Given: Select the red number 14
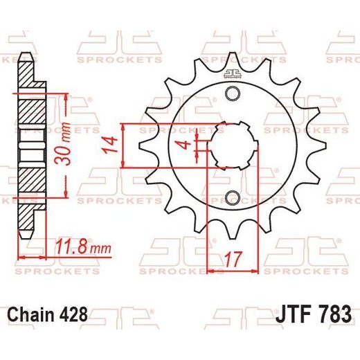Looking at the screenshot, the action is coord(110,145).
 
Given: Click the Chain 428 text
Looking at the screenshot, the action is coord(48,314).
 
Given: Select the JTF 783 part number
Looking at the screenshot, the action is coord(314,314).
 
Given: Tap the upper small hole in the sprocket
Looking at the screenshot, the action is coord(233,93).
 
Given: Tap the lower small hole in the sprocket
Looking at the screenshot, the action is coord(233,198).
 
